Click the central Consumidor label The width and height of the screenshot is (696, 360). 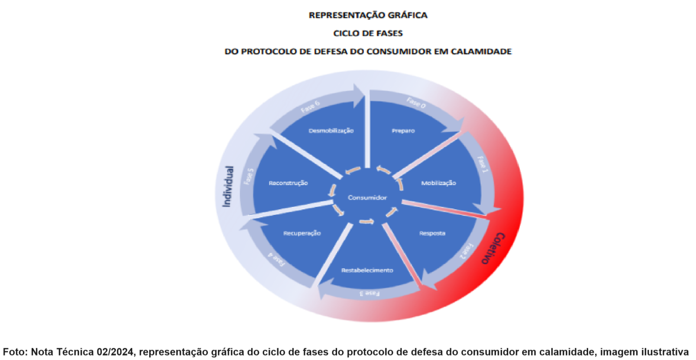point(367,198)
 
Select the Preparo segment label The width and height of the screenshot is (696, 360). point(403,131)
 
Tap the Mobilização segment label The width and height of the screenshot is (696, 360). point(438,183)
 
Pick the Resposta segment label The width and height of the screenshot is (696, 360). point(432,233)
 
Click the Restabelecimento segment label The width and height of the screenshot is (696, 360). point(367,270)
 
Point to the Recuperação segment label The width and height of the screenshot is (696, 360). point(302,233)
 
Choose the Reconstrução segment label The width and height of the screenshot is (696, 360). point(288,183)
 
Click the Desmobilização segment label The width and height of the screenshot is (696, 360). point(331,131)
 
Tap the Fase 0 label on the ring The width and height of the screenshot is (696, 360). point(416,103)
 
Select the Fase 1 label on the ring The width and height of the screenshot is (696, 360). point(483,165)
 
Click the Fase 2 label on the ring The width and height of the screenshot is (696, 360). point(467,251)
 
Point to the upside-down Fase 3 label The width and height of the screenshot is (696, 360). point(370,293)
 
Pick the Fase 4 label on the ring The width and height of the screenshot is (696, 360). point(277,260)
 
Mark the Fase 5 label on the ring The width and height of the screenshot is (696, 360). point(249,177)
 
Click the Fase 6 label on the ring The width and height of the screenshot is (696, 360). point(310,107)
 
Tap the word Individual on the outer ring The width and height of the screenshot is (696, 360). point(228,187)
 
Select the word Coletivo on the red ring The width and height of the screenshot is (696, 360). point(493,248)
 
